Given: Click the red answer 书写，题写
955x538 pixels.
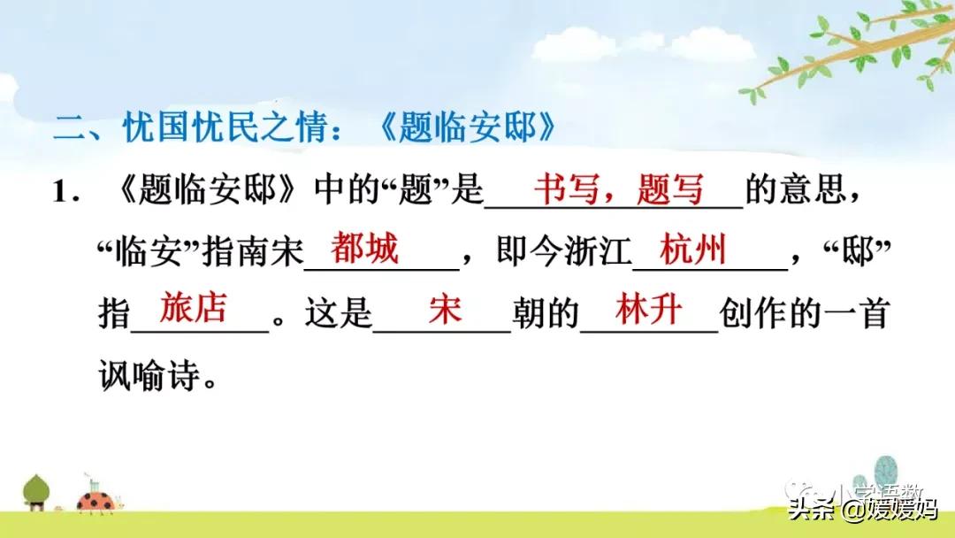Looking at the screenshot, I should coord(619,189).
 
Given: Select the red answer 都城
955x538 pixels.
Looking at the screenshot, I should coord(364,250).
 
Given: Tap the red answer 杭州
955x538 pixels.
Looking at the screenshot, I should coord(693,250).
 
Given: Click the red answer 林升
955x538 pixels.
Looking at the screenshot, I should coord(649,309).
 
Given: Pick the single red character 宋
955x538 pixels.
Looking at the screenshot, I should coord(444,311).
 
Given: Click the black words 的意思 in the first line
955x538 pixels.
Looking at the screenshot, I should coord(804,192).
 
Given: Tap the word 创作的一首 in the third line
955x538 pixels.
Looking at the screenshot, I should coord(804,314).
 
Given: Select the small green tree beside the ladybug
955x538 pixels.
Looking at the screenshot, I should coord(35,492).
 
